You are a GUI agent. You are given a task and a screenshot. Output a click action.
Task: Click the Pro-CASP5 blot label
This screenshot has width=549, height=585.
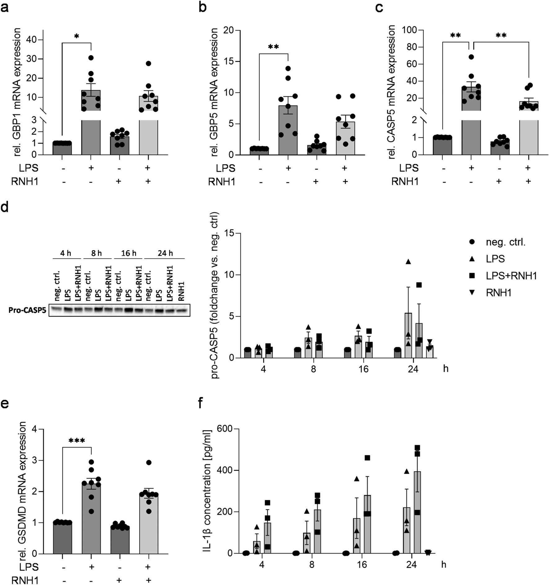coord(26,310)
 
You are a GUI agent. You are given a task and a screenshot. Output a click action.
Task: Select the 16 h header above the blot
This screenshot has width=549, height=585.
coord(128,253)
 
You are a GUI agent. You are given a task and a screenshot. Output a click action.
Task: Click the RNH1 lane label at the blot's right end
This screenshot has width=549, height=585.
coord(181,291)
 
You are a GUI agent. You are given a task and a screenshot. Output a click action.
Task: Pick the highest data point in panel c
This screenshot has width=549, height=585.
coord(471,57)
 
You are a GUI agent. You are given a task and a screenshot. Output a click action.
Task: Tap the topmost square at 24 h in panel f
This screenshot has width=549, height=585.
coord(417,448)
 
